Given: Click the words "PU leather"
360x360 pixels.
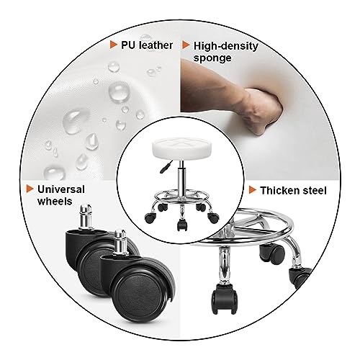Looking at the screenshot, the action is tap(147, 45).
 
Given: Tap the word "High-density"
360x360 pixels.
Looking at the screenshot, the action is tap(226, 46).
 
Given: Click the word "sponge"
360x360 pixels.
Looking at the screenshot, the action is tap(212, 58).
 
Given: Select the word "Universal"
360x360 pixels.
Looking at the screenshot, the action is tap(61, 189).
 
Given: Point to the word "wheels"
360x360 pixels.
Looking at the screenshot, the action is tap(55, 201).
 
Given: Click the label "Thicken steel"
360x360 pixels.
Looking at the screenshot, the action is tap(293, 191).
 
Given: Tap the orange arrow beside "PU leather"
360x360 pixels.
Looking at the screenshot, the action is tap(114, 45).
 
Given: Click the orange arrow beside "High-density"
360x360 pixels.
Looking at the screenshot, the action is tap(186, 45).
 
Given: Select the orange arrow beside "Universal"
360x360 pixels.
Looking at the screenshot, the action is tap(30, 189).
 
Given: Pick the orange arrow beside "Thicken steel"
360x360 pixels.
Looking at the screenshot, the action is tap(253, 190).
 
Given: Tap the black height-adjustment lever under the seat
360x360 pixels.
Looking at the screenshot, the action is tap(166, 167).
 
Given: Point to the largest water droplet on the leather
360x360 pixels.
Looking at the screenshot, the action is tap(119, 91).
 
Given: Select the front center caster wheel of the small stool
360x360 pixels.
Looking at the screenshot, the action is tap(182, 225).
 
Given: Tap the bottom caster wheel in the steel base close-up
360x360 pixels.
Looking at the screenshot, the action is tap(224, 300).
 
